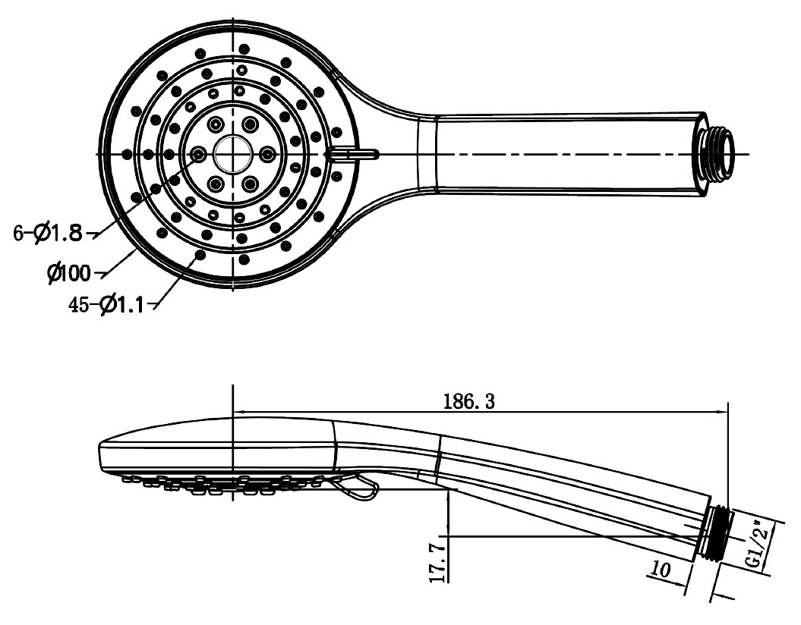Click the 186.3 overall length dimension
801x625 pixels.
[x=468, y=402]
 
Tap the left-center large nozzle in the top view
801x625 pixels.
[x=199, y=154]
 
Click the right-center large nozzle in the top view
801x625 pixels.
[x=266, y=154]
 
